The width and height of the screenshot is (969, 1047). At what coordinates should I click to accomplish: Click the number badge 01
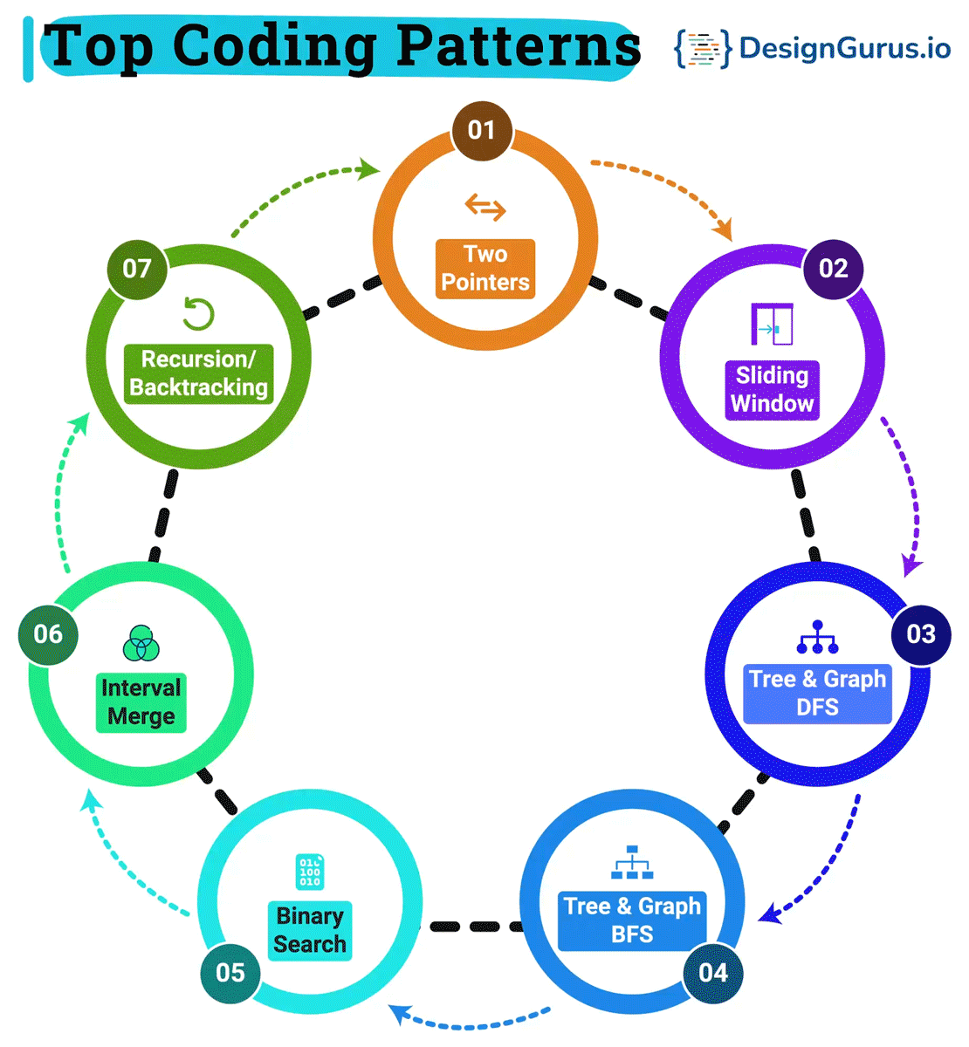(482, 131)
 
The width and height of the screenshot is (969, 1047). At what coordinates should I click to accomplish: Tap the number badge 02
(833, 269)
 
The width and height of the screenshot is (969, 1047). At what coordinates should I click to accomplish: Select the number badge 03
(921, 634)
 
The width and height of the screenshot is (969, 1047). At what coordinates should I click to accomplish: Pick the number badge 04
(713, 973)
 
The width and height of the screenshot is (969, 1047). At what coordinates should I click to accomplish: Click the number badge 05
(230, 973)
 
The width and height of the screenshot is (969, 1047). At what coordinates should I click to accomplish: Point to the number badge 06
(48, 634)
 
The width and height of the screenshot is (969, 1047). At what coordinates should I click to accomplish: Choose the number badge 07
(137, 269)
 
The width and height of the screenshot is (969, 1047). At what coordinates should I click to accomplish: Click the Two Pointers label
(485, 269)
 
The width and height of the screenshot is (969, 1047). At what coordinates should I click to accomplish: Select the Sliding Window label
(773, 390)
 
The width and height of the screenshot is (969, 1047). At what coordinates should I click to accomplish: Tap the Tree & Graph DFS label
(817, 694)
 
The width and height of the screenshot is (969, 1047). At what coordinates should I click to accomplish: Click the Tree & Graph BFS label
(632, 920)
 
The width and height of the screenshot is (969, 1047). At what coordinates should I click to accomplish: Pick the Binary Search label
(310, 930)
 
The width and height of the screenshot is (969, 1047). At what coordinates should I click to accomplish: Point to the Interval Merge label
(141, 702)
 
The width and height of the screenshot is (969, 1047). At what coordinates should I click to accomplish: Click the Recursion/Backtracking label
(199, 373)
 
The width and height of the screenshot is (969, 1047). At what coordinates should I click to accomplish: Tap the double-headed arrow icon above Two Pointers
(485, 208)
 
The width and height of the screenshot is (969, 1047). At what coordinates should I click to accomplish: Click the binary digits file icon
(310, 872)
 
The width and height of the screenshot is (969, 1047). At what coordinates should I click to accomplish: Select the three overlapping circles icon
(141, 644)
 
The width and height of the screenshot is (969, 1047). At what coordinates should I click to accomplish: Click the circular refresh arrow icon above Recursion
(199, 314)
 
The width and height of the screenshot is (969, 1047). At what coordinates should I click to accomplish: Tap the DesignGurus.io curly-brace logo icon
(702, 49)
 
